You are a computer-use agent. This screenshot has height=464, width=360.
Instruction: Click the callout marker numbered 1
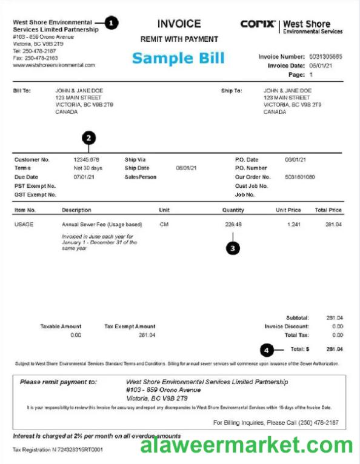(x=112, y=23)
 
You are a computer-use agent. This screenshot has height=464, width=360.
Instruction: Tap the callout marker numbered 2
(x=89, y=138)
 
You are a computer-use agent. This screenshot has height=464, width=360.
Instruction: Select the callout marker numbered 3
(x=233, y=247)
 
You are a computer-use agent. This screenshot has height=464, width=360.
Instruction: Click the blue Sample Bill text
(x=178, y=58)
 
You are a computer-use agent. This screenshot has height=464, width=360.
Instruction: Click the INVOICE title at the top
(x=179, y=24)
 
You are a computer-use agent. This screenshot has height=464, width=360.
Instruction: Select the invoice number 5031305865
(x=325, y=56)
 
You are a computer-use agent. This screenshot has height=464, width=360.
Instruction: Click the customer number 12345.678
(x=86, y=159)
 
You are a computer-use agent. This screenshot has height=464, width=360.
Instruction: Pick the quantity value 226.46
(x=233, y=224)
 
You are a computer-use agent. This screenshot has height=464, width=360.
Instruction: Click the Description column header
(x=76, y=210)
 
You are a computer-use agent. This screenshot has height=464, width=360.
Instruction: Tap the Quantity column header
(x=233, y=210)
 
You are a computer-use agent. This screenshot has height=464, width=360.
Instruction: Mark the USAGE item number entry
(x=24, y=224)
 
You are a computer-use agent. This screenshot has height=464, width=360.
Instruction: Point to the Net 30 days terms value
(x=88, y=168)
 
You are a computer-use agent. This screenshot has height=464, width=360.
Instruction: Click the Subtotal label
(x=297, y=317)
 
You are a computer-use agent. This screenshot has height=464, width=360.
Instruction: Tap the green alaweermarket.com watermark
(x=247, y=446)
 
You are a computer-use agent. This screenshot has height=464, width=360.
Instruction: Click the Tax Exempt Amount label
(x=130, y=326)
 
